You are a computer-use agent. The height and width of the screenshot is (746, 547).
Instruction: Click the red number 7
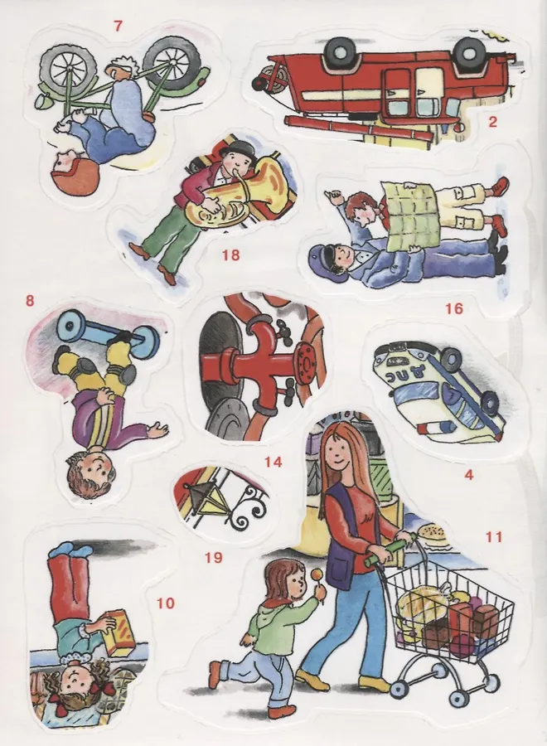[x=118, y=26]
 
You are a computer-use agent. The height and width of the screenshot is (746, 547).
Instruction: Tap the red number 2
[x=492, y=123]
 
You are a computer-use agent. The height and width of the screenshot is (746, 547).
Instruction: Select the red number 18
[x=230, y=255]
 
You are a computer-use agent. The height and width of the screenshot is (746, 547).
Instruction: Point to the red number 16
[x=454, y=309]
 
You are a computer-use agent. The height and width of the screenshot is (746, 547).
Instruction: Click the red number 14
[x=273, y=462]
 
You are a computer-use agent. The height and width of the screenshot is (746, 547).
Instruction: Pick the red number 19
[x=214, y=557]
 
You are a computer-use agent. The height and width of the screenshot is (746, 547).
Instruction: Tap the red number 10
[x=166, y=603]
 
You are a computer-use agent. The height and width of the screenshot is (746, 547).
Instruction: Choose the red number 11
[x=494, y=536]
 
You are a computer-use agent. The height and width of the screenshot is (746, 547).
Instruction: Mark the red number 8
[x=30, y=301]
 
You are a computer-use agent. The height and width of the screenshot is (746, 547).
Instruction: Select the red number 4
[x=469, y=474]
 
